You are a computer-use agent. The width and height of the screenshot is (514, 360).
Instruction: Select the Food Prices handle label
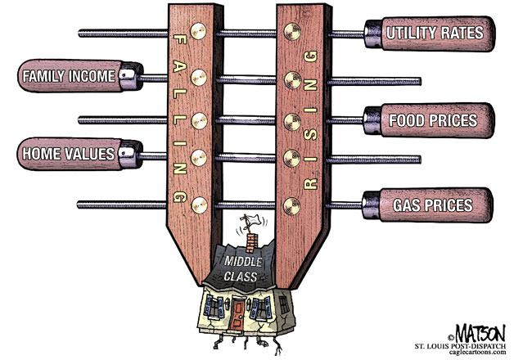[433, 120]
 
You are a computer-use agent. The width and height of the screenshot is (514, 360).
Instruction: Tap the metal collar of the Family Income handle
[130, 79]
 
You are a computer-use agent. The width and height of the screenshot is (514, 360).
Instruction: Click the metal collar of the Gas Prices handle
[368, 204]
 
